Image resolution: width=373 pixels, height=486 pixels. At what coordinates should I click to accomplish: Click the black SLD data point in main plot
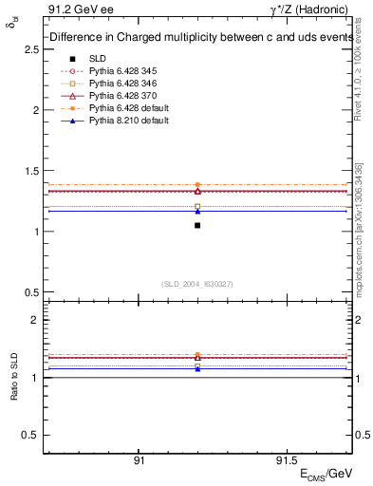[197, 225]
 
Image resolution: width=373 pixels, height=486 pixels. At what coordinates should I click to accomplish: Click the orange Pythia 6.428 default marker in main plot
[197, 185]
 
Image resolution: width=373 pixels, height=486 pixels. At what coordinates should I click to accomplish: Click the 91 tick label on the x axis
[139, 459]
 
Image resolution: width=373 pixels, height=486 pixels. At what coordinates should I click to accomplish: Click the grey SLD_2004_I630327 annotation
[197, 284]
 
